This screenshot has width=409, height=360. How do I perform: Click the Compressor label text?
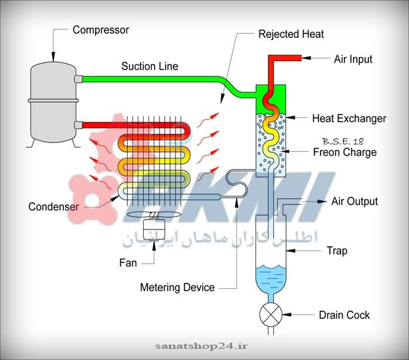point(100,30)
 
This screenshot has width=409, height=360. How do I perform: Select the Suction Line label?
point(150,66)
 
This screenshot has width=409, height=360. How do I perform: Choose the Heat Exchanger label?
point(348,118)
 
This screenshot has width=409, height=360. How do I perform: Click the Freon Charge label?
point(344,152)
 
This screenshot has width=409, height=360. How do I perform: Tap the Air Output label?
point(354,201)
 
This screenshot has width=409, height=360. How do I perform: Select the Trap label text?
point(337,251)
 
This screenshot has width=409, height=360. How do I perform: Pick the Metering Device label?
point(178,287)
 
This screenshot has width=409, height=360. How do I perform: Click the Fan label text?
point(129,263)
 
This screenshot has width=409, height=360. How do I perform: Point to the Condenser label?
point(53,206)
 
